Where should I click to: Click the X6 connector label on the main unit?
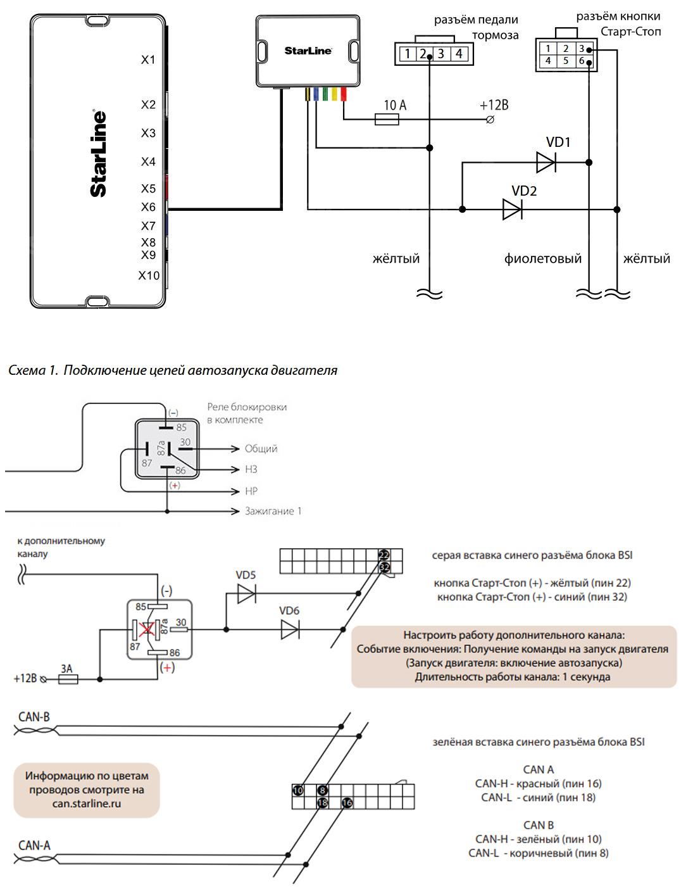point(148,207)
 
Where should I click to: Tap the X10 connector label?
point(149,275)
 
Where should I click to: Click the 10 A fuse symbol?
point(386,120)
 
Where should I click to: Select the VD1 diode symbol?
point(546,163)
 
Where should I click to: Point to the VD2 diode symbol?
point(512,210)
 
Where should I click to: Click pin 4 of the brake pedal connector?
point(459,54)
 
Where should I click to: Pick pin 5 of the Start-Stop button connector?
point(566,61)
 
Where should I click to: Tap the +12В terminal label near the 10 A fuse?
point(494,105)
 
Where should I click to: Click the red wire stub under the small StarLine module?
point(344,95)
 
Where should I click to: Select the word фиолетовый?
point(542,258)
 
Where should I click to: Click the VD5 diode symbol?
point(246,593)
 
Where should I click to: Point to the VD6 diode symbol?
point(291,629)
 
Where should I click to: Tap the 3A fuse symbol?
point(68,679)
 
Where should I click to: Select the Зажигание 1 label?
point(273,511)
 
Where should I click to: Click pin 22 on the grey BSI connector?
point(384,555)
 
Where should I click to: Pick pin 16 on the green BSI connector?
point(347,803)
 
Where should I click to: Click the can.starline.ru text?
point(87,804)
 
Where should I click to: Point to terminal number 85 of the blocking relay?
point(181,427)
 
